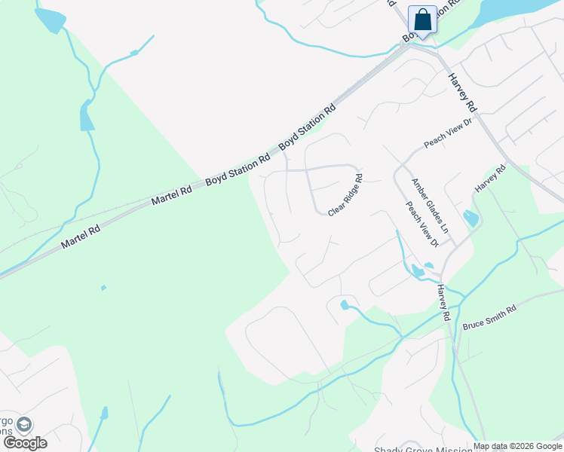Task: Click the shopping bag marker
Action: pos(422,20)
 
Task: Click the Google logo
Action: pos(26,442)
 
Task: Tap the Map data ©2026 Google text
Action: pos(518,446)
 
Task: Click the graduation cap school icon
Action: pos(24,425)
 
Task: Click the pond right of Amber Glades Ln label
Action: pos(471,218)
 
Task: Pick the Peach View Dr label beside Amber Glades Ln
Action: pos(421,224)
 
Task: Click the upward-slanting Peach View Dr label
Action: pos(447,134)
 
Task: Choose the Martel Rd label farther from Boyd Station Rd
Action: pos(81,230)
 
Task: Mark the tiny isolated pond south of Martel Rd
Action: pos(103,288)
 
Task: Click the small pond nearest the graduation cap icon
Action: pos(105,413)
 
